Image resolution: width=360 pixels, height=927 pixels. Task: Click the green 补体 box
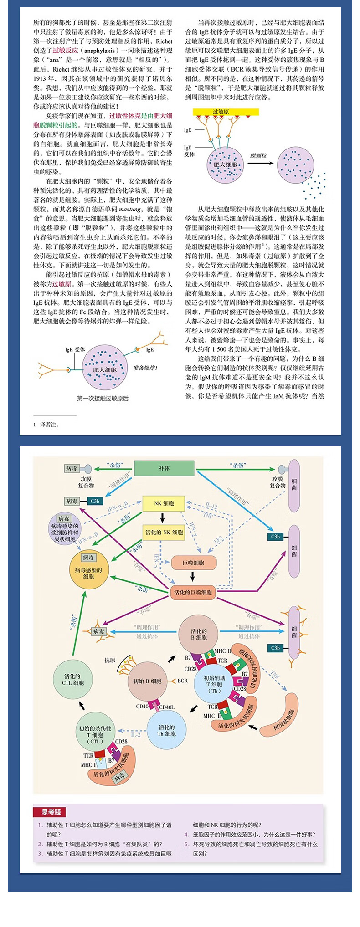164,468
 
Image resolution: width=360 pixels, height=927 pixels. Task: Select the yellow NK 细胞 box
164,503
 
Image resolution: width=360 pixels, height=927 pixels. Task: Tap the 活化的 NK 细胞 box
164,532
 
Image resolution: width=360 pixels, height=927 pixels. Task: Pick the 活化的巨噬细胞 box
193,593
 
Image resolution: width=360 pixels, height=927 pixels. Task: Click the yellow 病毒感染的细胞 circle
88,573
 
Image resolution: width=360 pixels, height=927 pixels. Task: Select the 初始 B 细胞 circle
147,681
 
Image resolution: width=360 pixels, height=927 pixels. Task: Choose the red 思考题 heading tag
51,812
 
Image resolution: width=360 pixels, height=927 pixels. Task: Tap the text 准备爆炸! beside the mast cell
145,368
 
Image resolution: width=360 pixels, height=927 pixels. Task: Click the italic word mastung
129,210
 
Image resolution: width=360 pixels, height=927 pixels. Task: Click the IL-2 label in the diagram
136,734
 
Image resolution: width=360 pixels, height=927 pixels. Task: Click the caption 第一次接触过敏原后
103,398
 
